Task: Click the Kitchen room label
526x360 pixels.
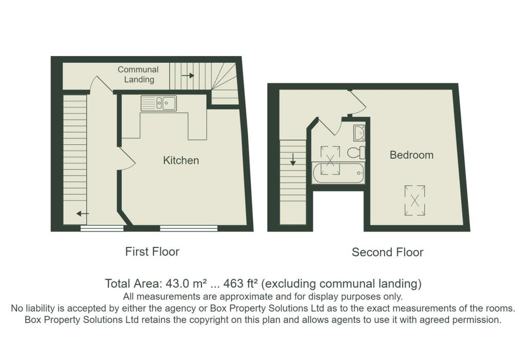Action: click(181, 160)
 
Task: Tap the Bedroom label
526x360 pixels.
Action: click(411, 155)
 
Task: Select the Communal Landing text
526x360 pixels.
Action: click(138, 74)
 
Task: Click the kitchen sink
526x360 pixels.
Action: click(159, 103)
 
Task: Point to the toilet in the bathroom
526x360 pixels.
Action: click(356, 153)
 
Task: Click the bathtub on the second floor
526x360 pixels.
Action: click(338, 173)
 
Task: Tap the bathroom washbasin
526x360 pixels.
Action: click(359, 133)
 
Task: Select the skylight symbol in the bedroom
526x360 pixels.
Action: click(415, 201)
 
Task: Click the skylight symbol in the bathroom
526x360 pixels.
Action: click(330, 160)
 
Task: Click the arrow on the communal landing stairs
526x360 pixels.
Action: click(188, 75)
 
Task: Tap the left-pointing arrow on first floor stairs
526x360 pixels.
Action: click(83, 214)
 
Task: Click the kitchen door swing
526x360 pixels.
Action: click(127, 159)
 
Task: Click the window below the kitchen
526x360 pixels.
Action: click(189, 229)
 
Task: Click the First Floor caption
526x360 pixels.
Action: click(152, 252)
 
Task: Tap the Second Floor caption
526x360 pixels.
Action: click(387, 252)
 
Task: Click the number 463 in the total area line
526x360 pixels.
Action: click(234, 284)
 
